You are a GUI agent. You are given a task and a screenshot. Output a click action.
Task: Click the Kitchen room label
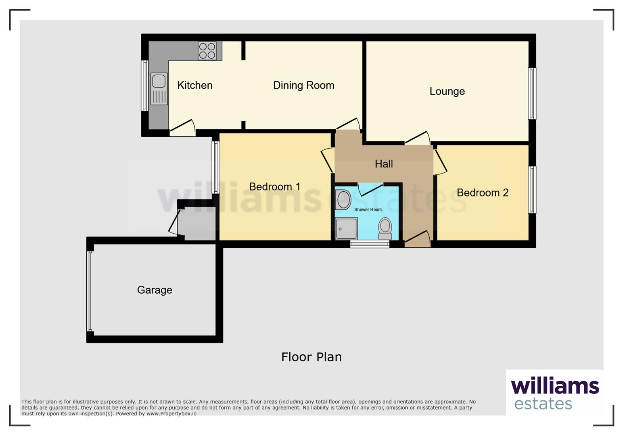(195, 85)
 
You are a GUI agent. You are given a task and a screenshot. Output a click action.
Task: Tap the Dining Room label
(303, 85)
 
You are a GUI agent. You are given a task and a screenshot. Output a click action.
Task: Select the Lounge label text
(447, 91)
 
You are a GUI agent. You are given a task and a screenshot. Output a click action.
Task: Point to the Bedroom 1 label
(274, 187)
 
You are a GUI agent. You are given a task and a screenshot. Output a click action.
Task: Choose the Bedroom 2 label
(482, 193)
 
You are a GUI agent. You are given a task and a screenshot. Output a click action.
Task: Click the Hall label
(384, 164)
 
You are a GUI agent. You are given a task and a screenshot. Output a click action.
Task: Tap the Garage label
(155, 290)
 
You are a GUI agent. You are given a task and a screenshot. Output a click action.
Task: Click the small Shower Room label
(368, 209)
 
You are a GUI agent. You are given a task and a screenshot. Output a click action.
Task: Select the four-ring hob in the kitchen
(207, 51)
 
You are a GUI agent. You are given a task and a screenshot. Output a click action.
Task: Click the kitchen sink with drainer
(159, 89)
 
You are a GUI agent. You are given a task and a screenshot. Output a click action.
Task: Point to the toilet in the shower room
(385, 229)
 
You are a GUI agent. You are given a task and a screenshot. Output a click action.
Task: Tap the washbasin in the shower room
(343, 200)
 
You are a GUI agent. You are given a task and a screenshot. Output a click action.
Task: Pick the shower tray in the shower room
(346, 228)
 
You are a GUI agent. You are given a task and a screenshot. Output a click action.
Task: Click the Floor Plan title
(311, 357)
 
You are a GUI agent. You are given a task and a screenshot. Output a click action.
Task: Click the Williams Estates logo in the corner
(555, 393)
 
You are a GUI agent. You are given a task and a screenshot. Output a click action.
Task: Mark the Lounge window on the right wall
(532, 93)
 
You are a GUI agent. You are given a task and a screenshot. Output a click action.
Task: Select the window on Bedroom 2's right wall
(532, 190)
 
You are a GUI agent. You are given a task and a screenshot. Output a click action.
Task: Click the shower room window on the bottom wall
(370, 243)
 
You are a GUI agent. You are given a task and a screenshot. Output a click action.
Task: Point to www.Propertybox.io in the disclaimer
(171, 414)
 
